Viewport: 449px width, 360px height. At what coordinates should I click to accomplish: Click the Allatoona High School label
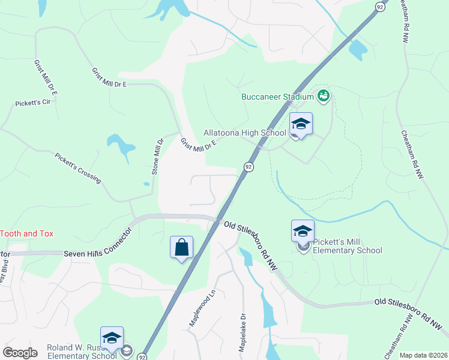[244, 133]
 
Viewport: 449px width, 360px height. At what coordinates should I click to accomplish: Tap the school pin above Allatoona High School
[301, 124]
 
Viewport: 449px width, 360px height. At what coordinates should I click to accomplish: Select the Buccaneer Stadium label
[277, 97]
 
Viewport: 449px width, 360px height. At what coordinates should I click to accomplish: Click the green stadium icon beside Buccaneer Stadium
[324, 95]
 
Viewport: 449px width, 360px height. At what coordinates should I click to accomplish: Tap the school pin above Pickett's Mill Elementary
[303, 231]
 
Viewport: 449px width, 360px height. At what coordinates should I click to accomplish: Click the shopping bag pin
[182, 247]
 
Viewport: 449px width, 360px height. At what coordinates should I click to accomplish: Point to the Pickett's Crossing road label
[78, 168]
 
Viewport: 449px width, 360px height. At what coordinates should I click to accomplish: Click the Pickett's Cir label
[32, 103]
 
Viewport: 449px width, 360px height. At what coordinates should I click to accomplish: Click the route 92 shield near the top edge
[380, 6]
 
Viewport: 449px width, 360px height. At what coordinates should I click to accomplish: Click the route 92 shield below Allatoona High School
[247, 166]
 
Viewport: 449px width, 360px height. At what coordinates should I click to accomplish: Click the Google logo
[20, 353]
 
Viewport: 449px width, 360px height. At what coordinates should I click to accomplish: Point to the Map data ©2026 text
[423, 355]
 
